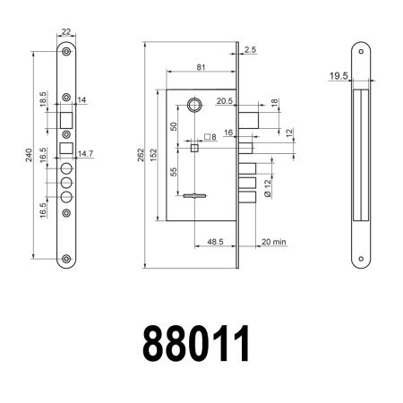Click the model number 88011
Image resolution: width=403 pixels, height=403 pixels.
click(196, 344)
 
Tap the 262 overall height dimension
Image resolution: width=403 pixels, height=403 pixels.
click(141, 156)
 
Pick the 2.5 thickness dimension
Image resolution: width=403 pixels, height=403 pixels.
click(249, 51)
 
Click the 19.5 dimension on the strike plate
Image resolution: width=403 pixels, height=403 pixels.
click(339, 77)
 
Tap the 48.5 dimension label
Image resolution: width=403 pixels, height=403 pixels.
click(215, 242)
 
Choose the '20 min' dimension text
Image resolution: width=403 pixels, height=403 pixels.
click(273, 242)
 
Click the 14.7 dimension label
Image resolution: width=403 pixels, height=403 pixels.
click(85, 154)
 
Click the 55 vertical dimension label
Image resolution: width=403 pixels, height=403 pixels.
click(173, 172)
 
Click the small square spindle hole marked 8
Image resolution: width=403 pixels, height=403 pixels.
click(194, 147)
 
